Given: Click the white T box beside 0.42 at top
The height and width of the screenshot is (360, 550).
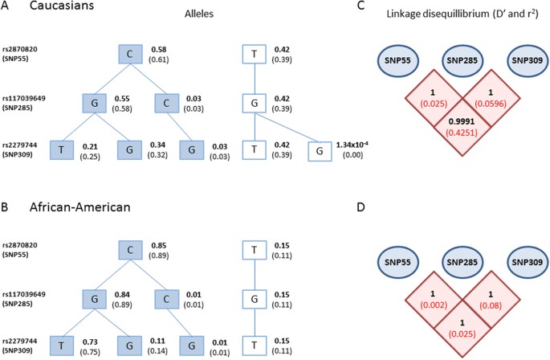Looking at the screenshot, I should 254,55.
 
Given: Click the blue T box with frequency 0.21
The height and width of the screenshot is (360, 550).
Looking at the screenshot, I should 94,150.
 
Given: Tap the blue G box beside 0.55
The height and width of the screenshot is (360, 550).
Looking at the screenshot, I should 94,102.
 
